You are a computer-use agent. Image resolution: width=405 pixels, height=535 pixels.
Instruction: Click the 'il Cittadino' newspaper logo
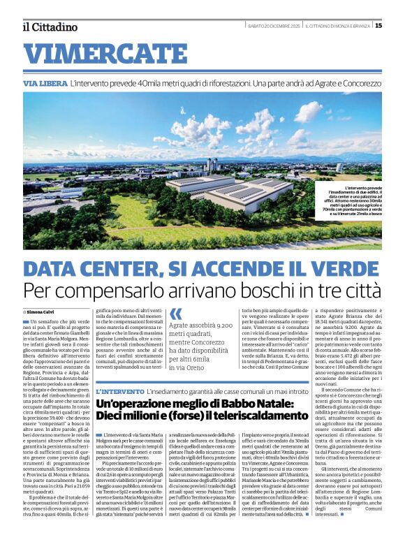tap(49, 27)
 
